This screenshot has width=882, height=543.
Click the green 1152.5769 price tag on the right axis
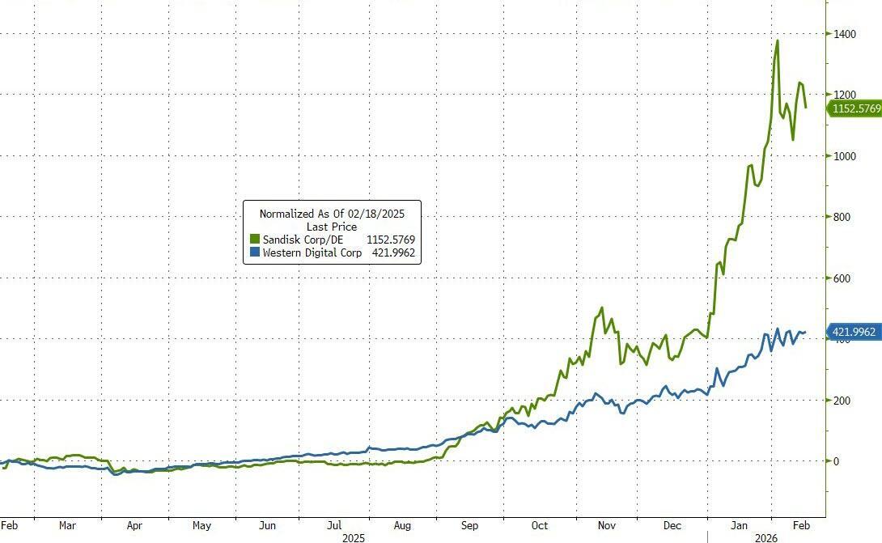coord(854,108)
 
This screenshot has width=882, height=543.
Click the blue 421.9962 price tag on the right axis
coord(854,331)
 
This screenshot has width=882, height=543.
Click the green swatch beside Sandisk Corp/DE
coord(254,240)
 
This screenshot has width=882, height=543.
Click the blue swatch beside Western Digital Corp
coord(254,253)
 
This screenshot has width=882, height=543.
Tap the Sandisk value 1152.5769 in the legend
coord(390,240)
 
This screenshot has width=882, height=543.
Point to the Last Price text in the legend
coord(332,227)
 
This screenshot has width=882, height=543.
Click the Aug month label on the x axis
coord(402,525)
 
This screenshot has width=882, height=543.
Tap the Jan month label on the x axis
coord(740,525)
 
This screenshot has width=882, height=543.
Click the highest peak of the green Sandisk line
coord(778,40)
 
